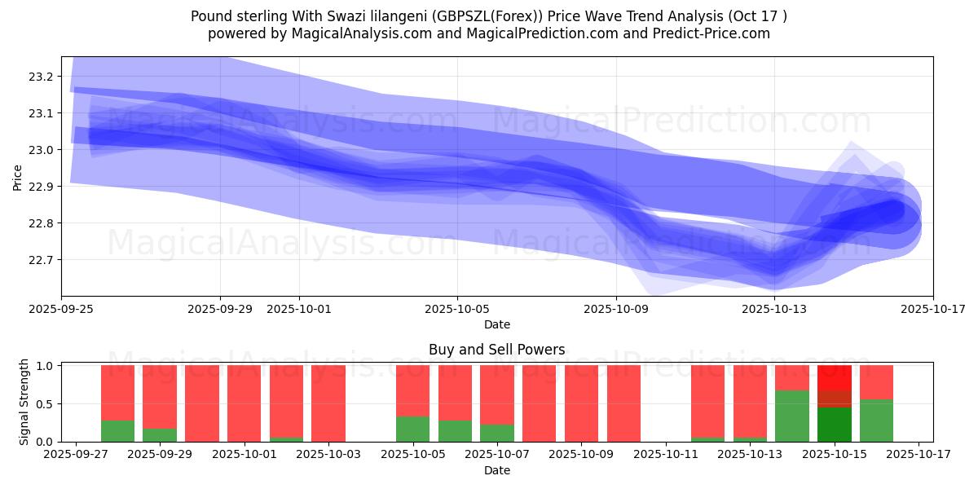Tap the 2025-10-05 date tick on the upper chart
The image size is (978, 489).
(x=457, y=309)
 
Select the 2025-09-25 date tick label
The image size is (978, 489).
(x=61, y=309)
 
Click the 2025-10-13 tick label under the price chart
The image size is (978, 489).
(x=774, y=309)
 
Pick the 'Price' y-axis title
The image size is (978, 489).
(x=18, y=176)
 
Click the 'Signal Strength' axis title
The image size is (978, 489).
(x=24, y=403)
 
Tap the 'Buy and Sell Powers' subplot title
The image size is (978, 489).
(x=496, y=350)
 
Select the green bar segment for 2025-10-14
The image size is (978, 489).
(x=792, y=416)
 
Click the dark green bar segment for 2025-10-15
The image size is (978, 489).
(x=834, y=425)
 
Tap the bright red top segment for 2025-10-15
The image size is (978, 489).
(x=834, y=377)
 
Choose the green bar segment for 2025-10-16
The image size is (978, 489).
(x=876, y=421)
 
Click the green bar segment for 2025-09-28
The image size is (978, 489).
(x=117, y=431)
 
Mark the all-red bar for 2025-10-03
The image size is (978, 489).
(x=328, y=403)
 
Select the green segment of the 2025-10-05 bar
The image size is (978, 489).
(x=412, y=430)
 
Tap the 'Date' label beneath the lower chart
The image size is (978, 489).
(x=496, y=470)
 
